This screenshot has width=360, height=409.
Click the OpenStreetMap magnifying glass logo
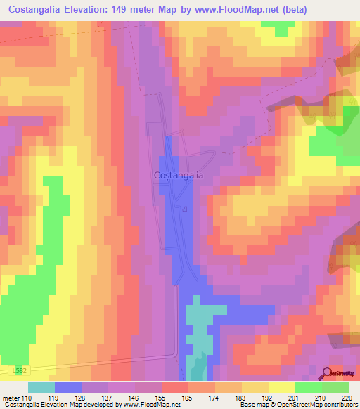(x=328, y=373)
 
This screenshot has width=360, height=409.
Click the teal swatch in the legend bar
(x=41, y=387)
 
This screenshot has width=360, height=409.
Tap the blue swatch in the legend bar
(x=68, y=387)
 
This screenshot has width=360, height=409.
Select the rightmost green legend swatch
(x=335, y=387)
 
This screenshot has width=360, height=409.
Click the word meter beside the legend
(x=12, y=398)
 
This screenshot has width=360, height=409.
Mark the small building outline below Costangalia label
(x=185, y=209)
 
